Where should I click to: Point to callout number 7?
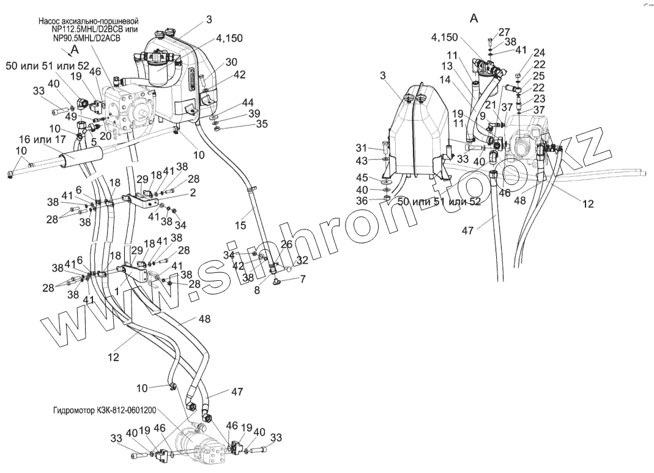(x=302, y=279)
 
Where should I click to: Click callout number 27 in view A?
(x=504, y=32)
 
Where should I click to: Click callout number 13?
(x=447, y=66)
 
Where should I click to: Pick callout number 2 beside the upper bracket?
(x=192, y=192)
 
